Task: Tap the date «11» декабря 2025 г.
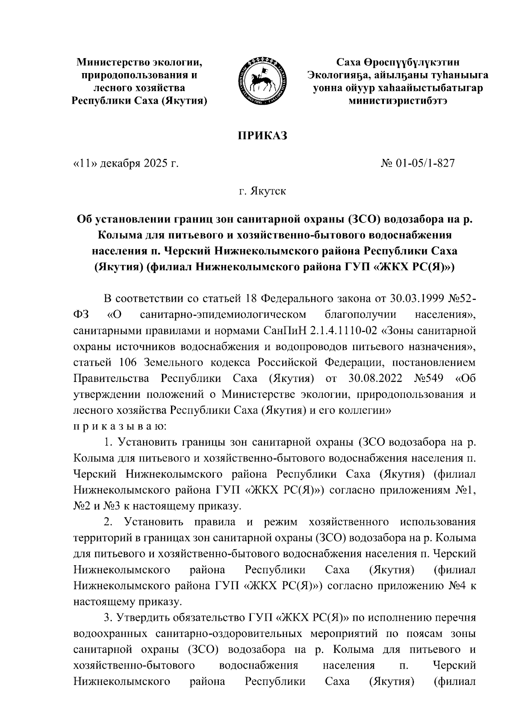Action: coord(126,163)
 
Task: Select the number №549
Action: coord(428,379)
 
